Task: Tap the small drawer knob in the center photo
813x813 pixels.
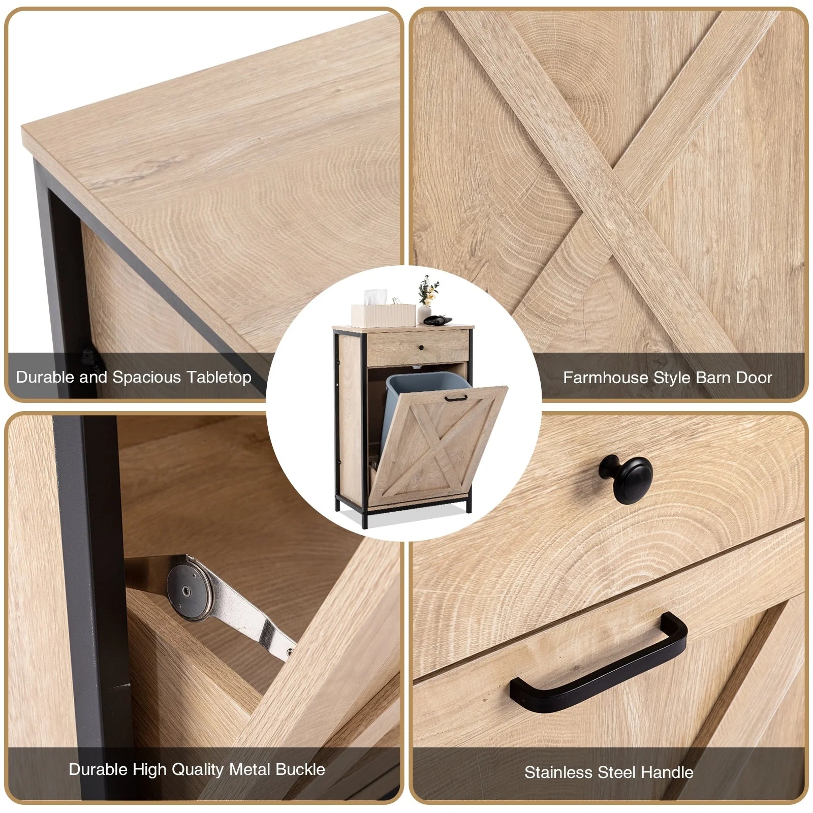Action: point(421,348)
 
